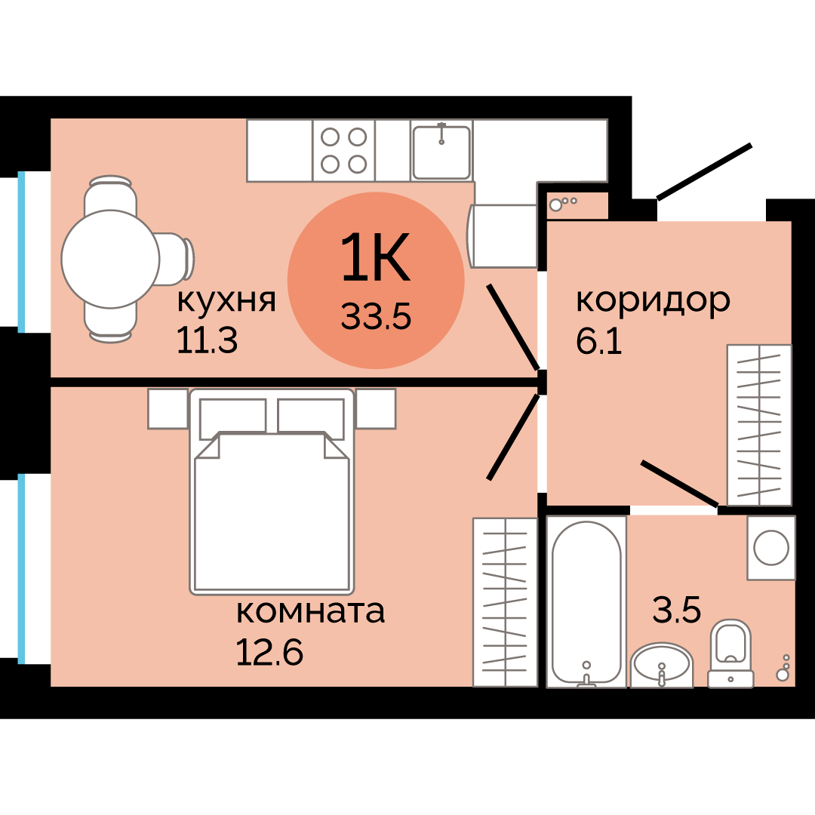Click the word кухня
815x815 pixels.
[226, 301]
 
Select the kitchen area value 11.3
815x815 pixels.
[207, 341]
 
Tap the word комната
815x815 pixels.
[310, 610]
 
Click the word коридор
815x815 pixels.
[653, 300]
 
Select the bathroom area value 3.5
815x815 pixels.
[677, 610]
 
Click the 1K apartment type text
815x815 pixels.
[375, 257]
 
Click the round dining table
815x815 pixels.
[110, 259]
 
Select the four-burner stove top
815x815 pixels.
[344, 150]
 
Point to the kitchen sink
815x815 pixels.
[441, 152]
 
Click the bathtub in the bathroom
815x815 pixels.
[586, 601]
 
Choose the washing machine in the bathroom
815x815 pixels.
[770, 547]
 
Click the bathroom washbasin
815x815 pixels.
[661, 665]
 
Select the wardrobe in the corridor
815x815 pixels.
[758, 424]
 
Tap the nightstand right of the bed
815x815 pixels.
[376, 408]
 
